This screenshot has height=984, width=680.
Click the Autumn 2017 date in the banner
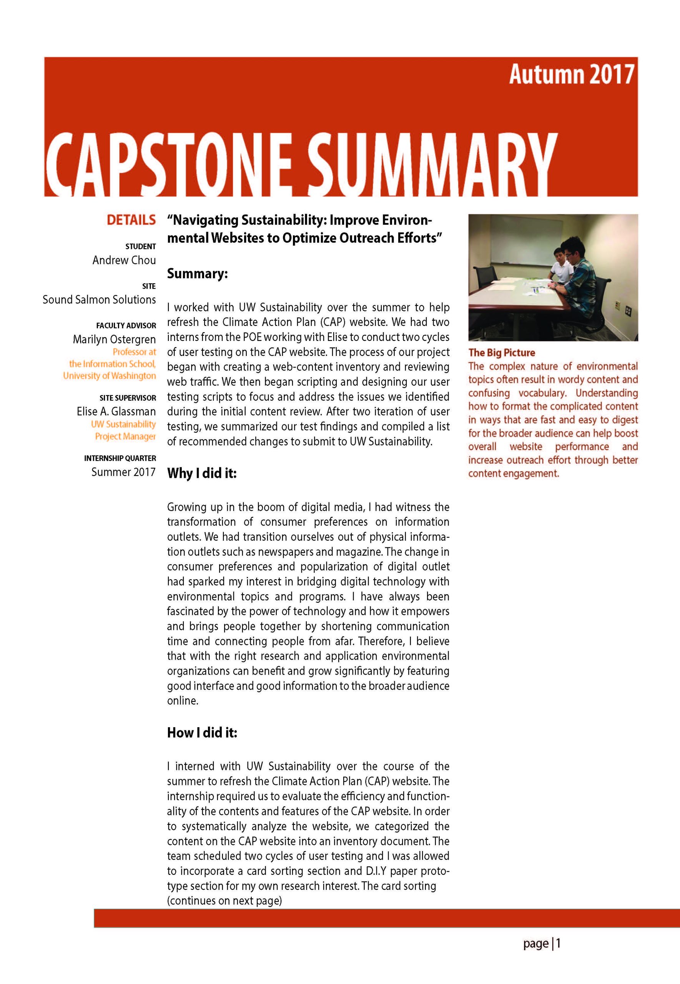[571, 75]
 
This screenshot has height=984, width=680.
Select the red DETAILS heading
[131, 220]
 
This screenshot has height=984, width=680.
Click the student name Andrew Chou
[124, 260]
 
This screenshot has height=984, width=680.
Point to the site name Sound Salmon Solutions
[99, 300]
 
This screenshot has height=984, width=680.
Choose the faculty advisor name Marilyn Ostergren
[114, 339]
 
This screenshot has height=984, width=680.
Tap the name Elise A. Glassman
[116, 412]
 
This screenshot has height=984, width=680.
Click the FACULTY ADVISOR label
[126, 326]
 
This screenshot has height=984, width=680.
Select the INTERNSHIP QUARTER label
[120, 458]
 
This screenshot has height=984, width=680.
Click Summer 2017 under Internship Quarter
[123, 472]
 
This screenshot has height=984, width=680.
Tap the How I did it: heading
[202, 733]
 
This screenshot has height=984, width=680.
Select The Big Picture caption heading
[502, 353]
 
